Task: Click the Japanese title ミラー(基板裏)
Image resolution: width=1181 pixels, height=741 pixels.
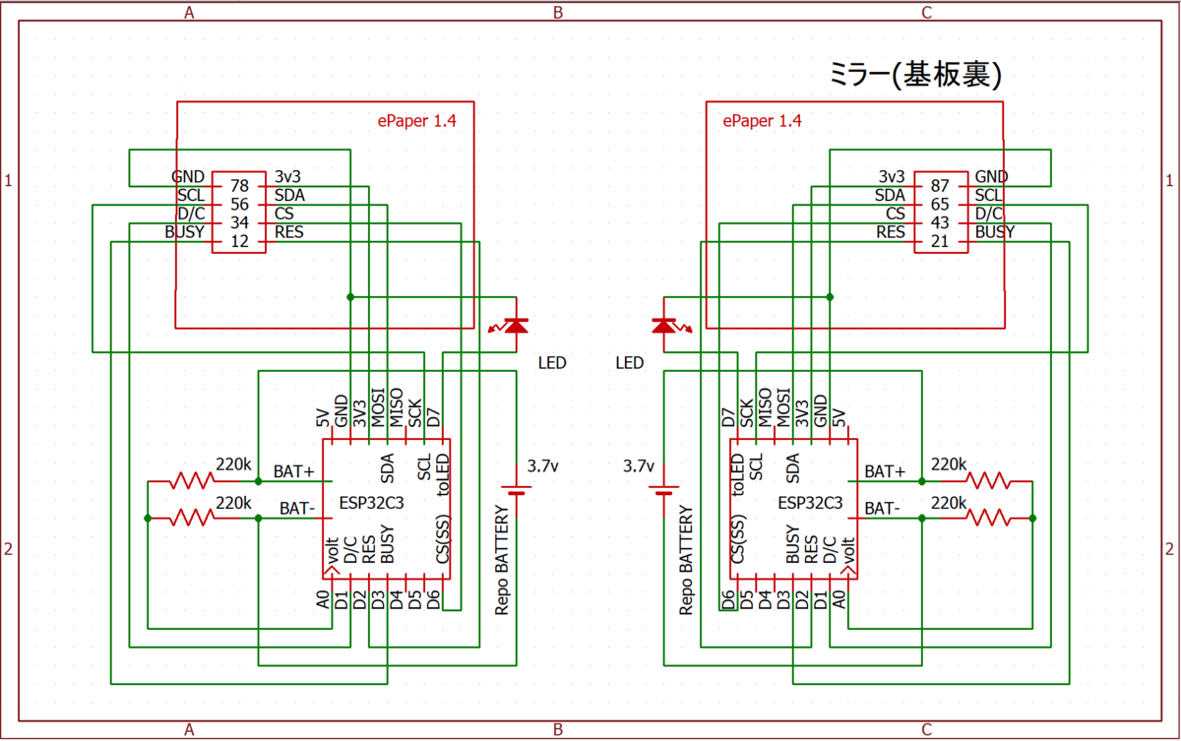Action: click(915, 75)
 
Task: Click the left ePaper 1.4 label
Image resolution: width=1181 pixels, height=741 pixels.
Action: click(416, 121)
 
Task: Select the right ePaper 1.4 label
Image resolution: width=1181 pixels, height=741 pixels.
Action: click(762, 121)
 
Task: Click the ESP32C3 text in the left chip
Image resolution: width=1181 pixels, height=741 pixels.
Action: click(372, 503)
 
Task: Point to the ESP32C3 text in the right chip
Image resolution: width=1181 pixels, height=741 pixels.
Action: click(810, 503)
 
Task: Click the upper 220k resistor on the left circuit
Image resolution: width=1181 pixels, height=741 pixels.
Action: click(192, 481)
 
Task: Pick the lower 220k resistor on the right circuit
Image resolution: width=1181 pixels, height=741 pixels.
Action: click(988, 519)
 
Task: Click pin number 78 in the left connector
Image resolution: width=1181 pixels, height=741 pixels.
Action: click(239, 186)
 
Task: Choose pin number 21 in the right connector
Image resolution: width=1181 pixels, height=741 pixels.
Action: click(940, 241)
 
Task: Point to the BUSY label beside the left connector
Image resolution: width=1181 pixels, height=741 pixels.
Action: click(185, 232)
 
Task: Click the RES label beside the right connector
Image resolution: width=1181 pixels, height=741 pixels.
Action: click(891, 232)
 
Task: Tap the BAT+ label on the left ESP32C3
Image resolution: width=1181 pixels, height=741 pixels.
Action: click(293, 471)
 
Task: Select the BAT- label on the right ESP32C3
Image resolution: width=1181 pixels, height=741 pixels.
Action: click(882, 508)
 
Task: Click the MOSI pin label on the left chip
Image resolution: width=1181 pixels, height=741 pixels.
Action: click(378, 407)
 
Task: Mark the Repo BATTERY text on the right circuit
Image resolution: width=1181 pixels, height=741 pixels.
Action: click(685, 560)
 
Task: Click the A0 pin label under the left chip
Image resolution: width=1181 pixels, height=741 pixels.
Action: click(323, 599)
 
